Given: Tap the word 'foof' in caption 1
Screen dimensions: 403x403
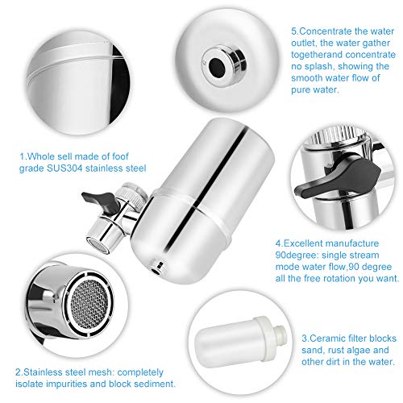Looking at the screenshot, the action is (x=120, y=156).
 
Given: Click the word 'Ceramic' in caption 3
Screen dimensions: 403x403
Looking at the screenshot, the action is (x=327, y=339).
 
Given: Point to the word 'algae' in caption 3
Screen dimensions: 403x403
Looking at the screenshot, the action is (x=357, y=350).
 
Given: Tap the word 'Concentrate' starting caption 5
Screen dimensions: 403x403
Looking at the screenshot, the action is (x=326, y=31).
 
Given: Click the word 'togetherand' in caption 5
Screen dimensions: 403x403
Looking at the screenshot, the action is (x=317, y=55).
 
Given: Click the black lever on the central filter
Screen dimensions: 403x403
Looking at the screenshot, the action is (x=102, y=201).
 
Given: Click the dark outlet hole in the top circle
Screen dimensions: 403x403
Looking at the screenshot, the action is (x=217, y=67).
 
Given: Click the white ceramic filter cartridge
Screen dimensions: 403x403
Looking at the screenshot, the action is (x=240, y=342).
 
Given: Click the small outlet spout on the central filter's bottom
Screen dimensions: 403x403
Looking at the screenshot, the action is (x=157, y=268).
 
